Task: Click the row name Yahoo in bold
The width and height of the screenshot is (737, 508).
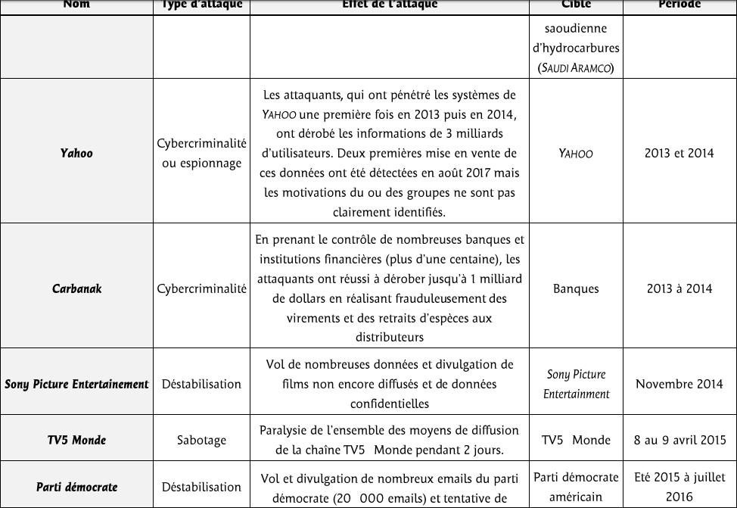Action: pyautogui.click(x=76, y=153)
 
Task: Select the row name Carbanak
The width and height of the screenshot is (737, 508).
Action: pyautogui.click(x=76, y=288)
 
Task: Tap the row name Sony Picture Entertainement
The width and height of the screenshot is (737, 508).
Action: pyautogui.click(x=76, y=384)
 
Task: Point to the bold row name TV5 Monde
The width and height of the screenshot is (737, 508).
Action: pyautogui.click(x=76, y=440)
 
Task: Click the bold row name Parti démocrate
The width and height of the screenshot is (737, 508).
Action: pyautogui.click(x=76, y=487)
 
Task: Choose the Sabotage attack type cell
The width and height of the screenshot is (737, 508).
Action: pyautogui.click(x=201, y=440)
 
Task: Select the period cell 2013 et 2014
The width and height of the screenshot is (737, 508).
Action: pyautogui.click(x=679, y=153)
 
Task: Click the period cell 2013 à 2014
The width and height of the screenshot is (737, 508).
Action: pyautogui.click(x=679, y=288)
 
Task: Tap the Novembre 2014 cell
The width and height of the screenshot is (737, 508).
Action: pyautogui.click(x=679, y=384)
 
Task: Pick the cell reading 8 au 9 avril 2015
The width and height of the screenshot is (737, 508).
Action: pyautogui.click(x=679, y=440)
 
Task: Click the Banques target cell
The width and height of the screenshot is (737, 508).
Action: pyautogui.click(x=576, y=288)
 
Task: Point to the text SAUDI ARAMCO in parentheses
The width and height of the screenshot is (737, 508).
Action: pyautogui.click(x=576, y=68)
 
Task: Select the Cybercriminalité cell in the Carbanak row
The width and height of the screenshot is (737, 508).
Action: pyautogui.click(x=201, y=288)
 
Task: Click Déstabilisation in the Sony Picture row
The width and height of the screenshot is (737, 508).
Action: pyautogui.click(x=201, y=384)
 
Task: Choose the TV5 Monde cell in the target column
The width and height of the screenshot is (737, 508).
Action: pyautogui.click(x=576, y=440)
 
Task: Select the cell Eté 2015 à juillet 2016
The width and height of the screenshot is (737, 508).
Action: pyautogui.click(x=679, y=487)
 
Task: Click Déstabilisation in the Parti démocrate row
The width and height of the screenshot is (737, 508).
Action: pyautogui.click(x=201, y=487)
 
